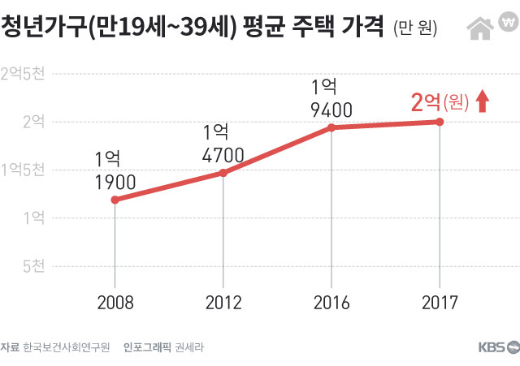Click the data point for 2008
pos(115,199)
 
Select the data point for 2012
pos(223,173)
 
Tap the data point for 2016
pos(331,127)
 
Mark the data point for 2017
pos(440,122)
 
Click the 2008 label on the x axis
pos(115,304)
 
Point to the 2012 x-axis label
pos(223,304)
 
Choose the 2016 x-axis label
pos(331,304)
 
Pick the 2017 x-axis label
pos(440,304)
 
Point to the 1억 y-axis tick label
pos(33,217)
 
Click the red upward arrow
pos(482,101)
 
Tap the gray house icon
pos(479,28)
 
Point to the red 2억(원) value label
pos(440,102)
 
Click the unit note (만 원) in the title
pos(415,29)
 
